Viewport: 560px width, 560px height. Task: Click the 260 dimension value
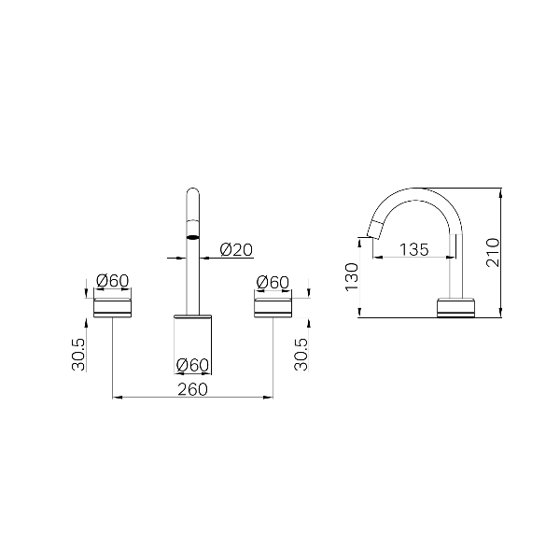[192, 389]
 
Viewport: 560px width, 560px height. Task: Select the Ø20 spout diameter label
[236, 249]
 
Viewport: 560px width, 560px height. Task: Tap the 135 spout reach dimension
[413, 249]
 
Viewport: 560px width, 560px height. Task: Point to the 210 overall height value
[493, 252]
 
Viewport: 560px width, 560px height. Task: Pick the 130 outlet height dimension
[352, 277]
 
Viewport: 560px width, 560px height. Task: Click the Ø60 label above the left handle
[113, 281]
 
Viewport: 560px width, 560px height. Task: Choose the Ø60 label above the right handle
[273, 283]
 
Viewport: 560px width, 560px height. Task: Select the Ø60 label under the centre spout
[192, 365]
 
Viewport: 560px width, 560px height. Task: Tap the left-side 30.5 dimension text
[78, 355]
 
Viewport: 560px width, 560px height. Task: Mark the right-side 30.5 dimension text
[301, 355]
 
